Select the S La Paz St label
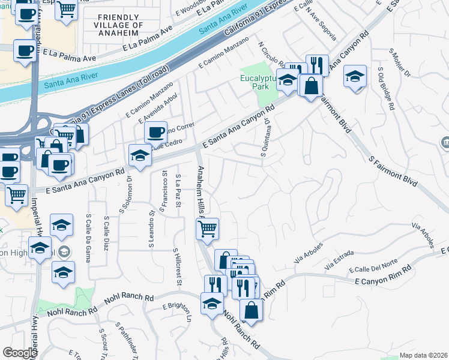pyautogui.click(x=178, y=191)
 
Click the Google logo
pyautogui.click(x=20, y=352)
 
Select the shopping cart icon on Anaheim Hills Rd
pyautogui.click(x=207, y=227)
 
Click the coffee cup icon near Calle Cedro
pyautogui.click(x=155, y=131)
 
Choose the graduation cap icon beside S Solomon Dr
pyautogui.click(x=139, y=155)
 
